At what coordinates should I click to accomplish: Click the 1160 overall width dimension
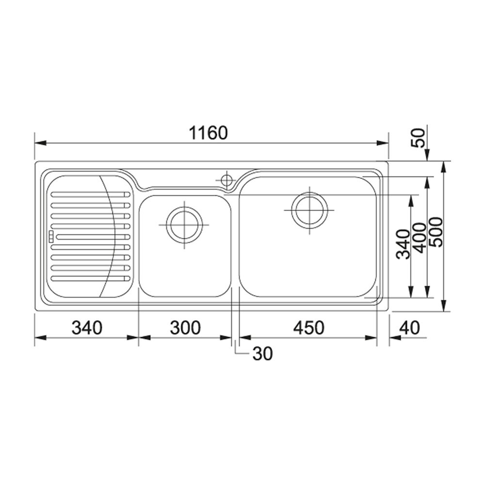click(208, 133)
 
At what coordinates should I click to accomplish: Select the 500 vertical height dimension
click(436, 232)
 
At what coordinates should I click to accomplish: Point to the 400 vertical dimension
click(420, 238)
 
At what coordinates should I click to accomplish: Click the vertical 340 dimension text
click(404, 244)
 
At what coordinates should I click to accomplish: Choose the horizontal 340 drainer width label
click(87, 327)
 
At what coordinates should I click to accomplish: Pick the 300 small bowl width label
click(185, 327)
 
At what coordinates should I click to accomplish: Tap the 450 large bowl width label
click(308, 327)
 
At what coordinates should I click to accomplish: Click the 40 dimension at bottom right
click(409, 327)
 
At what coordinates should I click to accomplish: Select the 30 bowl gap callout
click(262, 354)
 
